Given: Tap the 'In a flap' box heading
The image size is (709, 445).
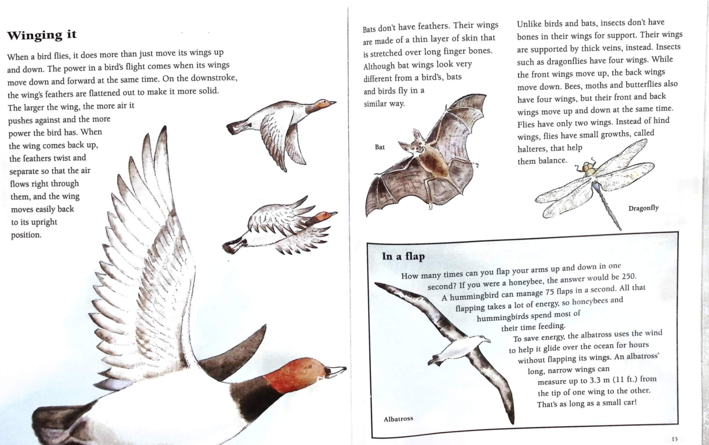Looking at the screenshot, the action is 403,256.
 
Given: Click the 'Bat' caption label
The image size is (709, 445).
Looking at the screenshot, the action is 380,147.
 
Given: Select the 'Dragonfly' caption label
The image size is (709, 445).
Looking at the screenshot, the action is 643,208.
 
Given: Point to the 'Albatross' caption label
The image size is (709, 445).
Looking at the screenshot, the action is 398,419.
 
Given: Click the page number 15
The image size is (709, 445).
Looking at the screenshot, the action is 674,439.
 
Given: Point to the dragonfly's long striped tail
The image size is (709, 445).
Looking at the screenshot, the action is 610,207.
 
